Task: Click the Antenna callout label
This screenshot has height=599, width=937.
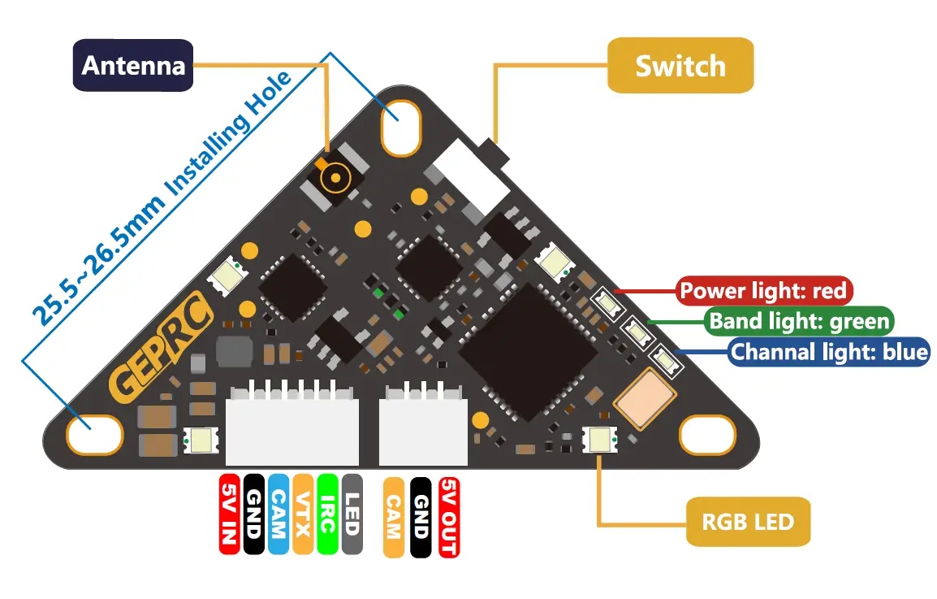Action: coord(132,65)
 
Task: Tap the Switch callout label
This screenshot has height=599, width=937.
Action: coord(680,65)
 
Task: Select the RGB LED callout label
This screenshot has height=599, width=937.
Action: coord(748,521)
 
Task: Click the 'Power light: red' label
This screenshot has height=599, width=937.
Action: coord(764,291)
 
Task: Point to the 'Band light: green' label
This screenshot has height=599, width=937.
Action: coord(799,321)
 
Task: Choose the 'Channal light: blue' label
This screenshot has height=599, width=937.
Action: coord(829,352)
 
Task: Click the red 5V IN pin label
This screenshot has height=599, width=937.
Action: coord(230,514)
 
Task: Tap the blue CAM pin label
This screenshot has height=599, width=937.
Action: coord(279,514)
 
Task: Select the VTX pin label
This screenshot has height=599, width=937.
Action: coord(303,514)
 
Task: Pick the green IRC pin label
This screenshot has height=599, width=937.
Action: coord(327,514)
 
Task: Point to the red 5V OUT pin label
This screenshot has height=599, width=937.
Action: coord(449,517)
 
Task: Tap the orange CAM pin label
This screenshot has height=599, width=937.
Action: coord(393,517)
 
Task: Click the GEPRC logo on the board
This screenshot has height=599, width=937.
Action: coord(160,346)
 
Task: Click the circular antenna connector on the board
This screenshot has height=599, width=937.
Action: coord(335,178)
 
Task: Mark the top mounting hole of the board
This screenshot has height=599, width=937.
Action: coord(401,128)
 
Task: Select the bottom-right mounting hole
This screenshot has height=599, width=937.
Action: coord(707,435)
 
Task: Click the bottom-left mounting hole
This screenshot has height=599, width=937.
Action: coord(94,435)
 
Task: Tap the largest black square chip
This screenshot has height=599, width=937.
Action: coord(529,352)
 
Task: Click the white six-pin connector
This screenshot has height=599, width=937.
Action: coord(292,425)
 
